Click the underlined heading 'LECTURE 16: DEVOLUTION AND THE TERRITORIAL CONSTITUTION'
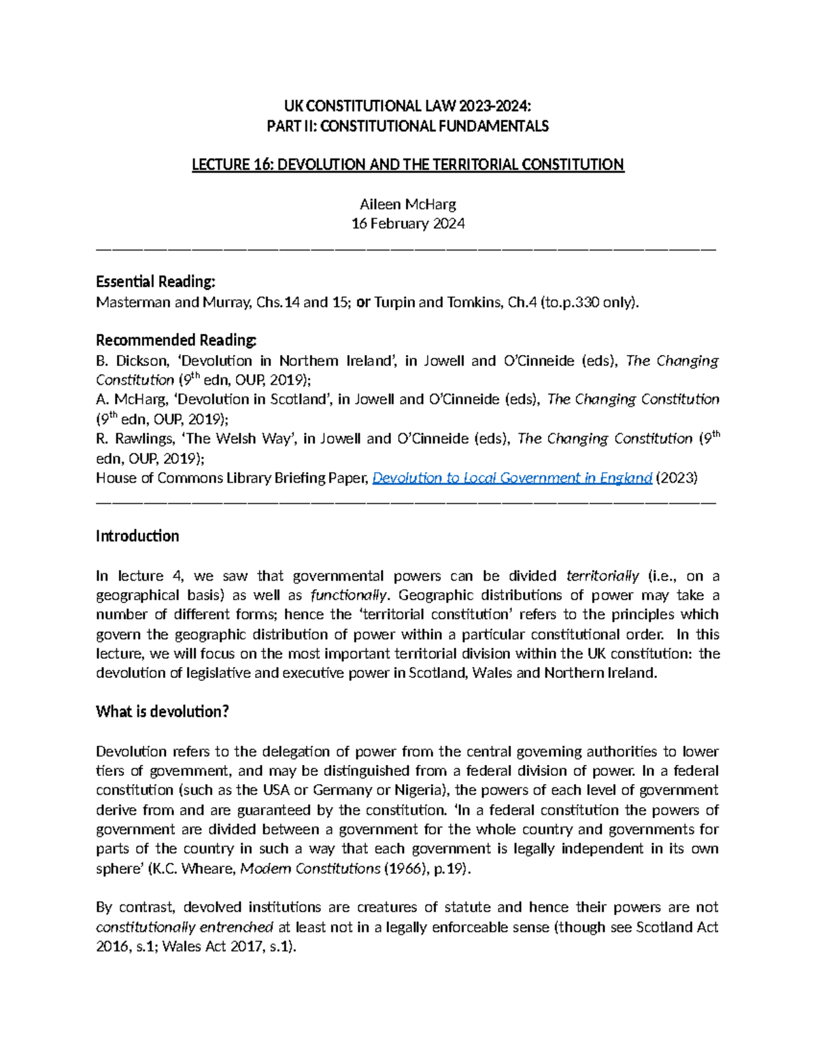coord(407,165)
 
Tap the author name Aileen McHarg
coord(407,204)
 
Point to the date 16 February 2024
coord(407,224)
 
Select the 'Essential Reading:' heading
coord(156,282)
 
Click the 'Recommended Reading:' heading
coord(177,340)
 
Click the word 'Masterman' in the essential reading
coord(133,302)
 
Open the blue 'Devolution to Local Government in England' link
coord(513,478)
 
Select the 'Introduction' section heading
coord(137,536)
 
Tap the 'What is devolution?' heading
coord(163,712)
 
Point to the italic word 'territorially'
coord(602,576)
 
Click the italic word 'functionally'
coord(349,596)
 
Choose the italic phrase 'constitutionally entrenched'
coord(184,927)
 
